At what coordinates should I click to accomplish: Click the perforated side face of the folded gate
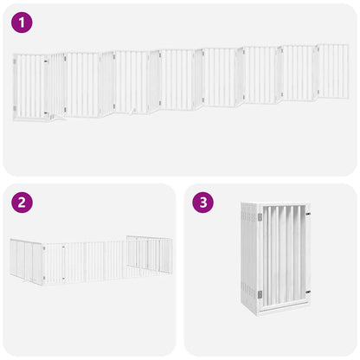tap(250, 260)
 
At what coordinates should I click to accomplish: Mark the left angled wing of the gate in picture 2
tap(25, 260)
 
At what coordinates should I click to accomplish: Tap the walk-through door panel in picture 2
tap(55, 263)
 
